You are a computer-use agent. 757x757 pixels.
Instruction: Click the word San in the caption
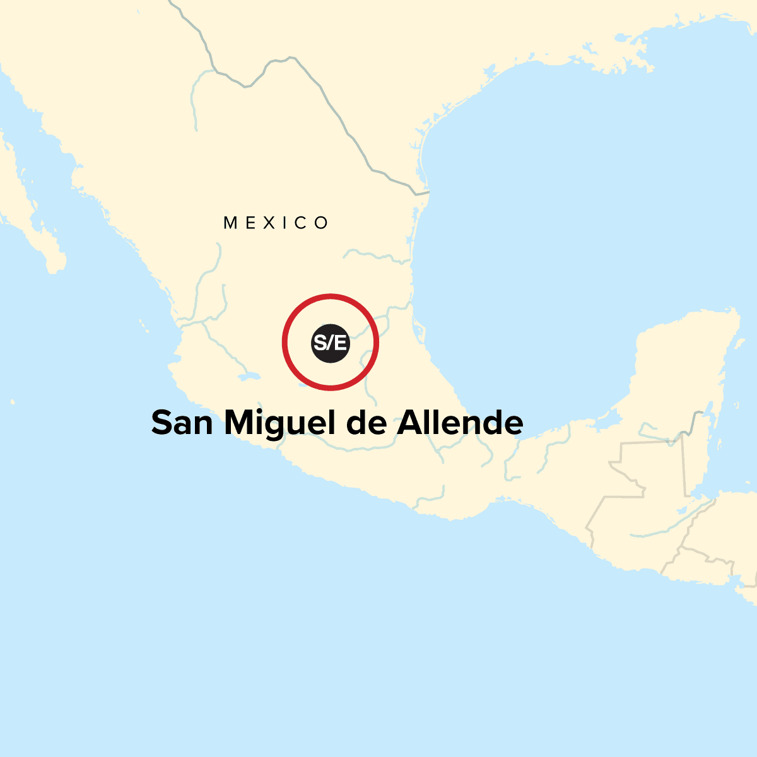[x=182, y=423]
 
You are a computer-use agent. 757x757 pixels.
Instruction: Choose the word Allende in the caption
[x=460, y=423]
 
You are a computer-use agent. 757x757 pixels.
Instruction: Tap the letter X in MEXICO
[x=276, y=223]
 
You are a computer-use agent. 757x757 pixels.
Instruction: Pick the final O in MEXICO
[x=322, y=223]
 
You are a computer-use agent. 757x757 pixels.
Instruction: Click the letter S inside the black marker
[x=319, y=343]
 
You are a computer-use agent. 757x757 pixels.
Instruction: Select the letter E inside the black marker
[x=341, y=343]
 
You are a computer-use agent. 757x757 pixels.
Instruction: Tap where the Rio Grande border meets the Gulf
[x=428, y=191]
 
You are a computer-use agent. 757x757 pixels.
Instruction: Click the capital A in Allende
[x=408, y=423]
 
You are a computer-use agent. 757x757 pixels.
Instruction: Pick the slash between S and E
[x=331, y=343]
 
